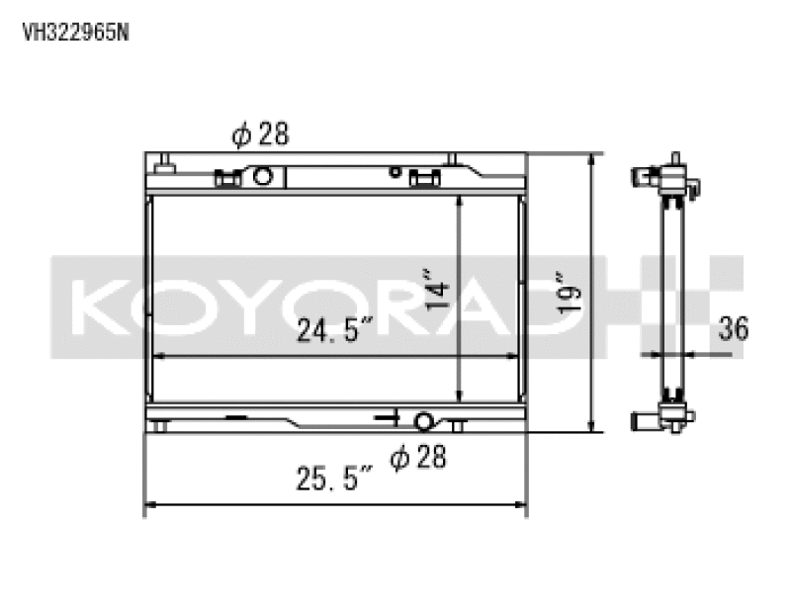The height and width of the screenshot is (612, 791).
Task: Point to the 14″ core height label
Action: point(438,290)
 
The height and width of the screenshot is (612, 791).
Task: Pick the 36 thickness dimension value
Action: point(734,329)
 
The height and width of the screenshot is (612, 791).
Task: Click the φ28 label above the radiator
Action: point(260,135)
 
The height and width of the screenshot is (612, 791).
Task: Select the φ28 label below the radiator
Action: point(416,457)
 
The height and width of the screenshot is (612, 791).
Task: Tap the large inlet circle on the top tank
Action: point(263,177)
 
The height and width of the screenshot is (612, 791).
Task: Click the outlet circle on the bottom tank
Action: point(423,422)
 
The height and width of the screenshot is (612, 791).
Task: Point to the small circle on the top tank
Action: point(395,172)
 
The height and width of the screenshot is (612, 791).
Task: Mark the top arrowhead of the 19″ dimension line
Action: point(592,159)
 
